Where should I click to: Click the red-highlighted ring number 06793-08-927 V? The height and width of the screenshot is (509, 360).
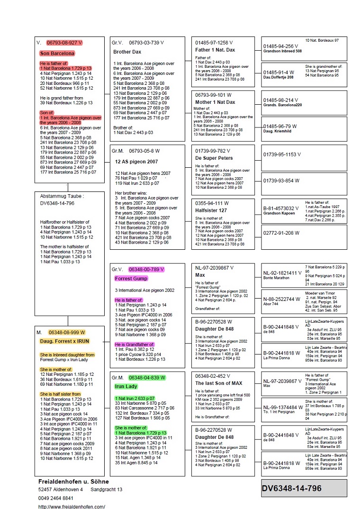point(64,43)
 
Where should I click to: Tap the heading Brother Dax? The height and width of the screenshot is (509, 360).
point(127,52)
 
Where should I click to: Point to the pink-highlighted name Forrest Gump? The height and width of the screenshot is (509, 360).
point(128,279)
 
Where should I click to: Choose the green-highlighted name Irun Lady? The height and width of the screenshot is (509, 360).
point(125,387)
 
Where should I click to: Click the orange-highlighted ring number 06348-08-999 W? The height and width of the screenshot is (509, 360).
point(67,332)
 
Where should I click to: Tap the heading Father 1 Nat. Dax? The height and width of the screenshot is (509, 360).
point(215,50)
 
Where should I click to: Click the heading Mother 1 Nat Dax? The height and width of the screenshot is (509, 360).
point(216,102)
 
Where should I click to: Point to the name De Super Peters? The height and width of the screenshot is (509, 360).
point(214,158)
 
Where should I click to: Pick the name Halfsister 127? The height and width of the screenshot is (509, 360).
point(211,210)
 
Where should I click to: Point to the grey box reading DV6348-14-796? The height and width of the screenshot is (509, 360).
point(291,488)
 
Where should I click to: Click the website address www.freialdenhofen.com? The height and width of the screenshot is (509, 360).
point(72,506)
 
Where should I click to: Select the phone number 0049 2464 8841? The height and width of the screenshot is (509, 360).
point(56,498)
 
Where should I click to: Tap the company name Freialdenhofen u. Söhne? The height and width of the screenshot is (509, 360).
point(73,481)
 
